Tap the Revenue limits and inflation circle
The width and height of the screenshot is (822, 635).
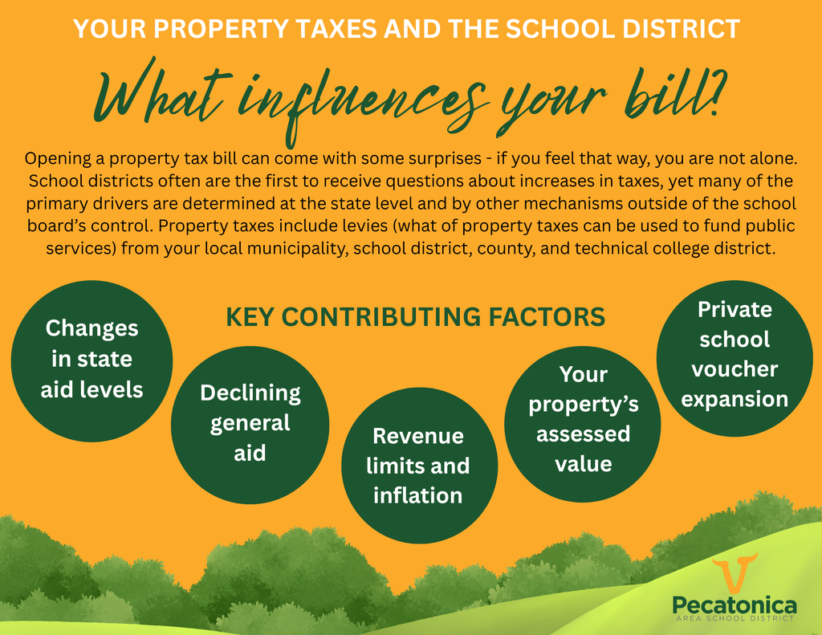tap(417, 466)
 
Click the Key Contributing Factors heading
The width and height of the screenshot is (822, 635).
tap(415, 317)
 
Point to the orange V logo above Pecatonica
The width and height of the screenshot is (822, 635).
tap(734, 574)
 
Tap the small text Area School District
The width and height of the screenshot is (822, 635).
tap(735, 619)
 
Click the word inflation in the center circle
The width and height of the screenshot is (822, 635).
tap(417, 495)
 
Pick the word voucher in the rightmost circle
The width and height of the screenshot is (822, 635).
tap(735, 369)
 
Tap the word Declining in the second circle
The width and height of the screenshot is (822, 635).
tap(250, 393)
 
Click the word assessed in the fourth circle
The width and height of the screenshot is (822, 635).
tap(583, 434)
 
